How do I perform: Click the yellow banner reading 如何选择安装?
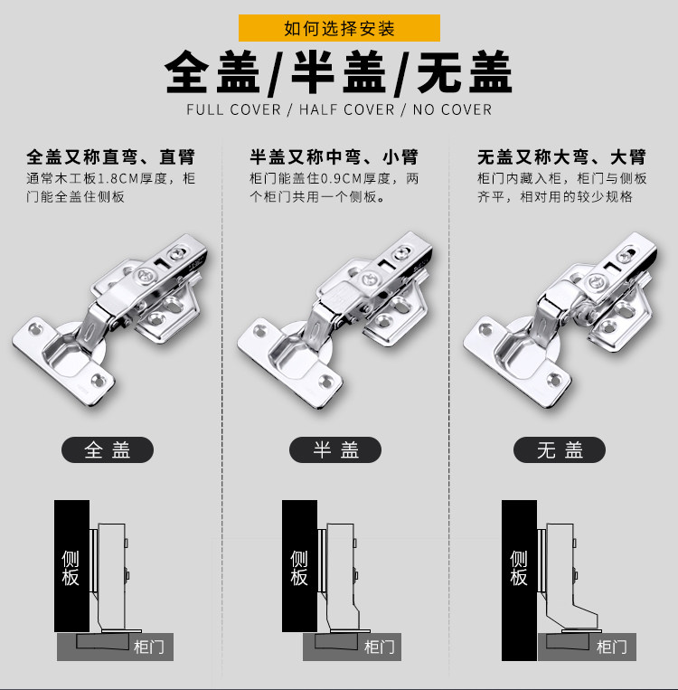tap(339, 28)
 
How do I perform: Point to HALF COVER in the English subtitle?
tap(342, 110)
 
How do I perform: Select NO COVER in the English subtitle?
tap(452, 110)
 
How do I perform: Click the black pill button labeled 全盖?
tap(108, 449)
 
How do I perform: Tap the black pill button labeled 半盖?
tap(335, 449)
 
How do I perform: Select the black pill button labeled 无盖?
tap(560, 449)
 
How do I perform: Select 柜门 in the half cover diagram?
tap(379, 647)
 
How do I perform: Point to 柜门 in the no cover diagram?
tap(612, 647)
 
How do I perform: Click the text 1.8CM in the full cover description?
tap(117, 178)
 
